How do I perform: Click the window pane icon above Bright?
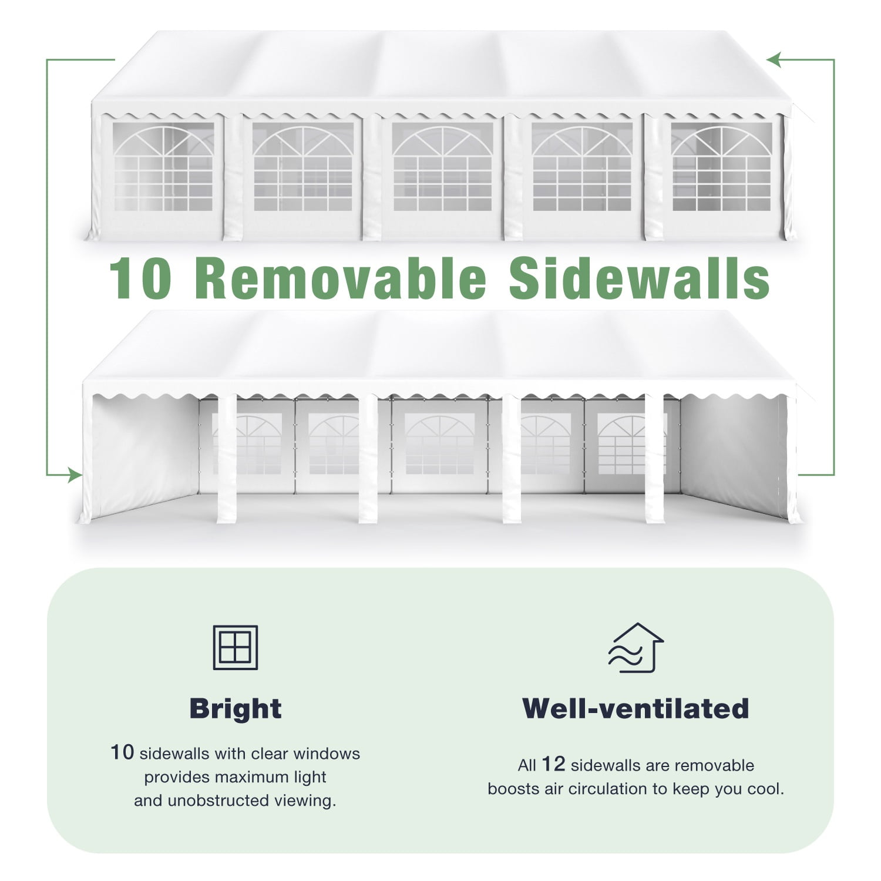pos(235,647)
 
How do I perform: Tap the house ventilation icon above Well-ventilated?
pos(636,647)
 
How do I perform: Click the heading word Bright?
pos(236,709)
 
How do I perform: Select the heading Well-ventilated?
pos(635,708)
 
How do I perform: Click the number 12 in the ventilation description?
pos(553,764)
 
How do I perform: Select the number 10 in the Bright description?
pos(122,752)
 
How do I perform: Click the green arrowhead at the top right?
pos(774,59)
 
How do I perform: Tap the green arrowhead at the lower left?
pos(74,475)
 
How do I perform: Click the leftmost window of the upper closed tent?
pos(163,167)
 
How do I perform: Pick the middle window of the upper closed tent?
pos(442,167)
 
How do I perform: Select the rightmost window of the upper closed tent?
pos(721,167)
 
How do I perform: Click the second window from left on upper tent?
pos(303,167)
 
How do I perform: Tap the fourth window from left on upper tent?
pos(582,167)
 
